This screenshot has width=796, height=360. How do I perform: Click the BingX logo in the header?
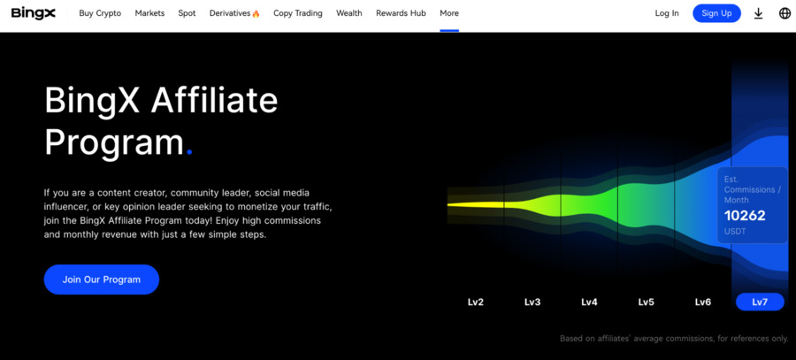pos(34,13)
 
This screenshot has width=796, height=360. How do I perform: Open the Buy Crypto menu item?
pos(100,13)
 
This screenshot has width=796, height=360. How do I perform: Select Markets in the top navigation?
pos(149,13)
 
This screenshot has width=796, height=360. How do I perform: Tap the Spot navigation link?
pos(187,13)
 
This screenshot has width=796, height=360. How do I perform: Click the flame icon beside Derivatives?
pos(256,13)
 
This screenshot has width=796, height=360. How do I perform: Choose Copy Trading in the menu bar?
pos(298,13)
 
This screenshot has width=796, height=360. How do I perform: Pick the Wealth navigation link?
pos(349,13)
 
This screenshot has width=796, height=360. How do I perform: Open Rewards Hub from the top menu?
pos(401,13)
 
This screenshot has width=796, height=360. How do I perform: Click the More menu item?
pos(449,13)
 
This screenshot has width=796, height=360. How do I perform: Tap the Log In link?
pos(667,13)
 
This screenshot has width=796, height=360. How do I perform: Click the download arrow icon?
pos(759,13)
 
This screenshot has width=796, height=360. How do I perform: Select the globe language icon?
pos(785,13)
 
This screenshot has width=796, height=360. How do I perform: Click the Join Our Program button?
pos(102,280)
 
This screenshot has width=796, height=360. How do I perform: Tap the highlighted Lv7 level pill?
pos(760,303)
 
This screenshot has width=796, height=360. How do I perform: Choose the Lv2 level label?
pos(476,303)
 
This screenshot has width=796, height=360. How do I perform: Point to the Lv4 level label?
pos(589,303)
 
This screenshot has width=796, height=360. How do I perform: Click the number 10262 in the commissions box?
pos(745,216)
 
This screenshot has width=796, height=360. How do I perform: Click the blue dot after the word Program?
pos(189,152)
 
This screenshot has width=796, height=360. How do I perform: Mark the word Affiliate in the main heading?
pos(214,100)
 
